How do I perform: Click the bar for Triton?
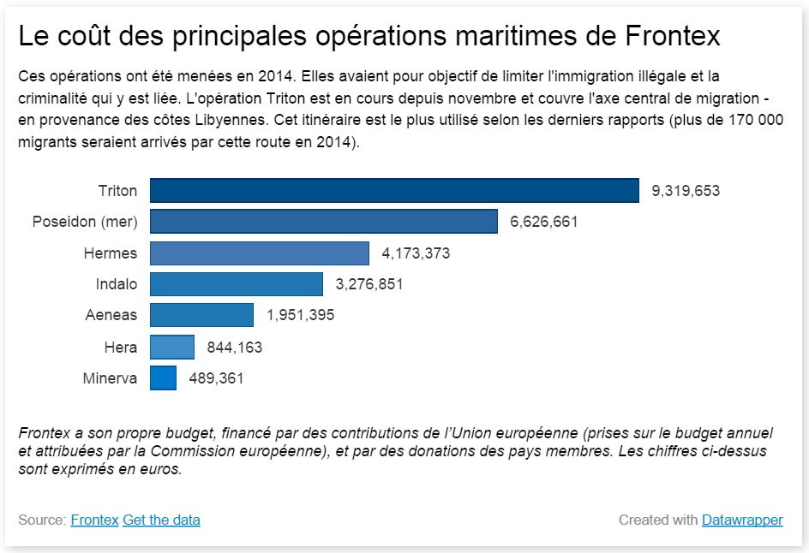click(x=394, y=190)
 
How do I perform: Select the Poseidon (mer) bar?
click(x=324, y=221)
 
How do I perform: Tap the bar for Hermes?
click(x=260, y=253)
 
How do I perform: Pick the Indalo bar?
click(x=237, y=284)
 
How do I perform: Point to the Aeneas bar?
click(x=201, y=315)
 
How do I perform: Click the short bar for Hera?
click(x=172, y=347)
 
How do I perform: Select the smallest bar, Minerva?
click(x=163, y=378)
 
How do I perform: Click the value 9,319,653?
click(x=686, y=191)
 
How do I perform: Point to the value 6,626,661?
click(x=544, y=222)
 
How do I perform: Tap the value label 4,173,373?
click(x=416, y=253)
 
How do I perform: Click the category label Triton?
click(x=117, y=191)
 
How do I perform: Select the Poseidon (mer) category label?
click(x=85, y=222)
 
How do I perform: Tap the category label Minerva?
click(x=110, y=378)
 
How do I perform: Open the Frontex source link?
click(x=94, y=520)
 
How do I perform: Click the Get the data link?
click(x=161, y=520)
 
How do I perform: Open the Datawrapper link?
click(x=742, y=520)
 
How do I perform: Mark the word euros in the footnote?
click(x=161, y=469)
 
